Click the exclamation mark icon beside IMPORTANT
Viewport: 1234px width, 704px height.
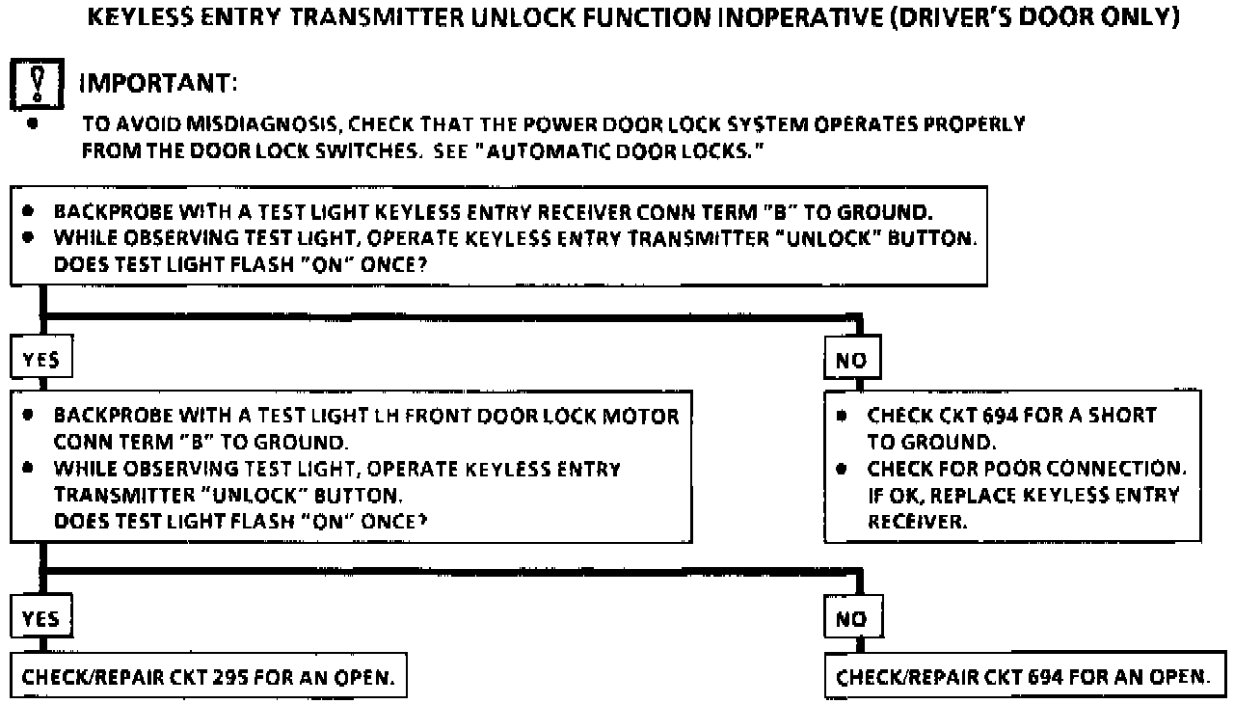pyautogui.click(x=33, y=83)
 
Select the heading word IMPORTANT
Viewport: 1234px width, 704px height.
pyautogui.click(x=158, y=84)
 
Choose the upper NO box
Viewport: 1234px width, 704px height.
pyautogui.click(x=852, y=361)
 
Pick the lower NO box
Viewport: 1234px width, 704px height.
pyautogui.click(x=852, y=617)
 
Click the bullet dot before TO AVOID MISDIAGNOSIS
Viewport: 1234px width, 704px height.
pyautogui.click(x=34, y=124)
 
